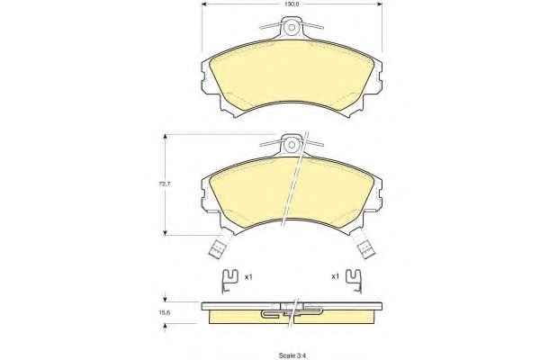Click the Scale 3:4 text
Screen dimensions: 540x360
click(292, 355)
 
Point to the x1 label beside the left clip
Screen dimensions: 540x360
click(248, 276)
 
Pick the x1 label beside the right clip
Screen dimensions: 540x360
click(335, 276)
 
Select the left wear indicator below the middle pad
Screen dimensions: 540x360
click(218, 248)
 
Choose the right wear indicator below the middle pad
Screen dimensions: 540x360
click(365, 248)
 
